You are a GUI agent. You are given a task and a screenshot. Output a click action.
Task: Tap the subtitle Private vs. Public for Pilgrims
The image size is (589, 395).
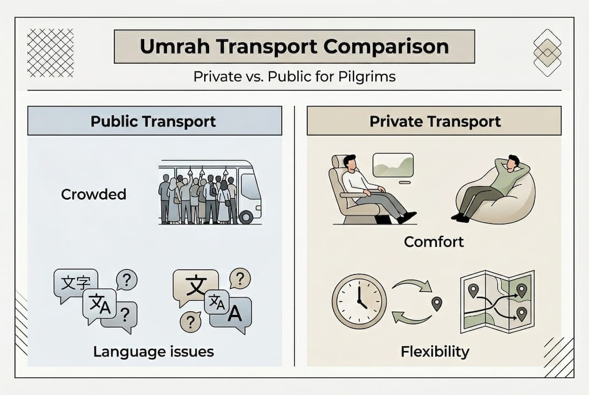pyautogui.click(x=294, y=76)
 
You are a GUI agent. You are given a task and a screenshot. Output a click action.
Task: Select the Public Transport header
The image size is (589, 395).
pyautogui.click(x=154, y=121)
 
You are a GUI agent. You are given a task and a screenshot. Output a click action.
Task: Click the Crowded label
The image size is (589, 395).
pyautogui.click(x=93, y=194)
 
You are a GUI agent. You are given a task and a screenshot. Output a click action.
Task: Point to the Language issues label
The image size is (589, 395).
pyautogui.click(x=153, y=351)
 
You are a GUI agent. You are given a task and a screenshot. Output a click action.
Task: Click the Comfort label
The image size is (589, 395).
pyautogui.click(x=434, y=241)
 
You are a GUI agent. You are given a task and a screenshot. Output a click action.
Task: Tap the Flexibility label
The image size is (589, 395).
pyautogui.click(x=435, y=351)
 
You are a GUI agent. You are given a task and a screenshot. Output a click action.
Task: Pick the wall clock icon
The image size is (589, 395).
pyautogui.click(x=359, y=301)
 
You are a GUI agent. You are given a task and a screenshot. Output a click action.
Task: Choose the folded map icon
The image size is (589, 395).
pyautogui.click(x=497, y=301)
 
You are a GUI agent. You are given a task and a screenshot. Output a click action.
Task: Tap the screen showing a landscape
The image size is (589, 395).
pyautogui.click(x=393, y=165)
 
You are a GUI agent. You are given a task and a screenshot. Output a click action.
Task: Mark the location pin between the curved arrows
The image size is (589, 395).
pyautogui.click(x=437, y=303)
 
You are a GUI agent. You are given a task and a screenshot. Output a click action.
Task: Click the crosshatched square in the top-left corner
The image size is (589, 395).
pyautogui.click(x=51, y=53)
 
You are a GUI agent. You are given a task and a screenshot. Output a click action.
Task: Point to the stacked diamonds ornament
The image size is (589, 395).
pyautogui.click(x=547, y=53)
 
